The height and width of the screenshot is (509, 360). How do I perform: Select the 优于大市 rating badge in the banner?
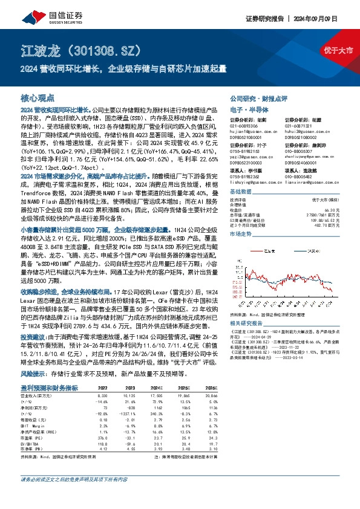(339, 50)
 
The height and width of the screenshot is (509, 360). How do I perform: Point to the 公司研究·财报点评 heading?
(258, 98)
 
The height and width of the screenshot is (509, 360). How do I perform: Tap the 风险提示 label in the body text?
(35, 374)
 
